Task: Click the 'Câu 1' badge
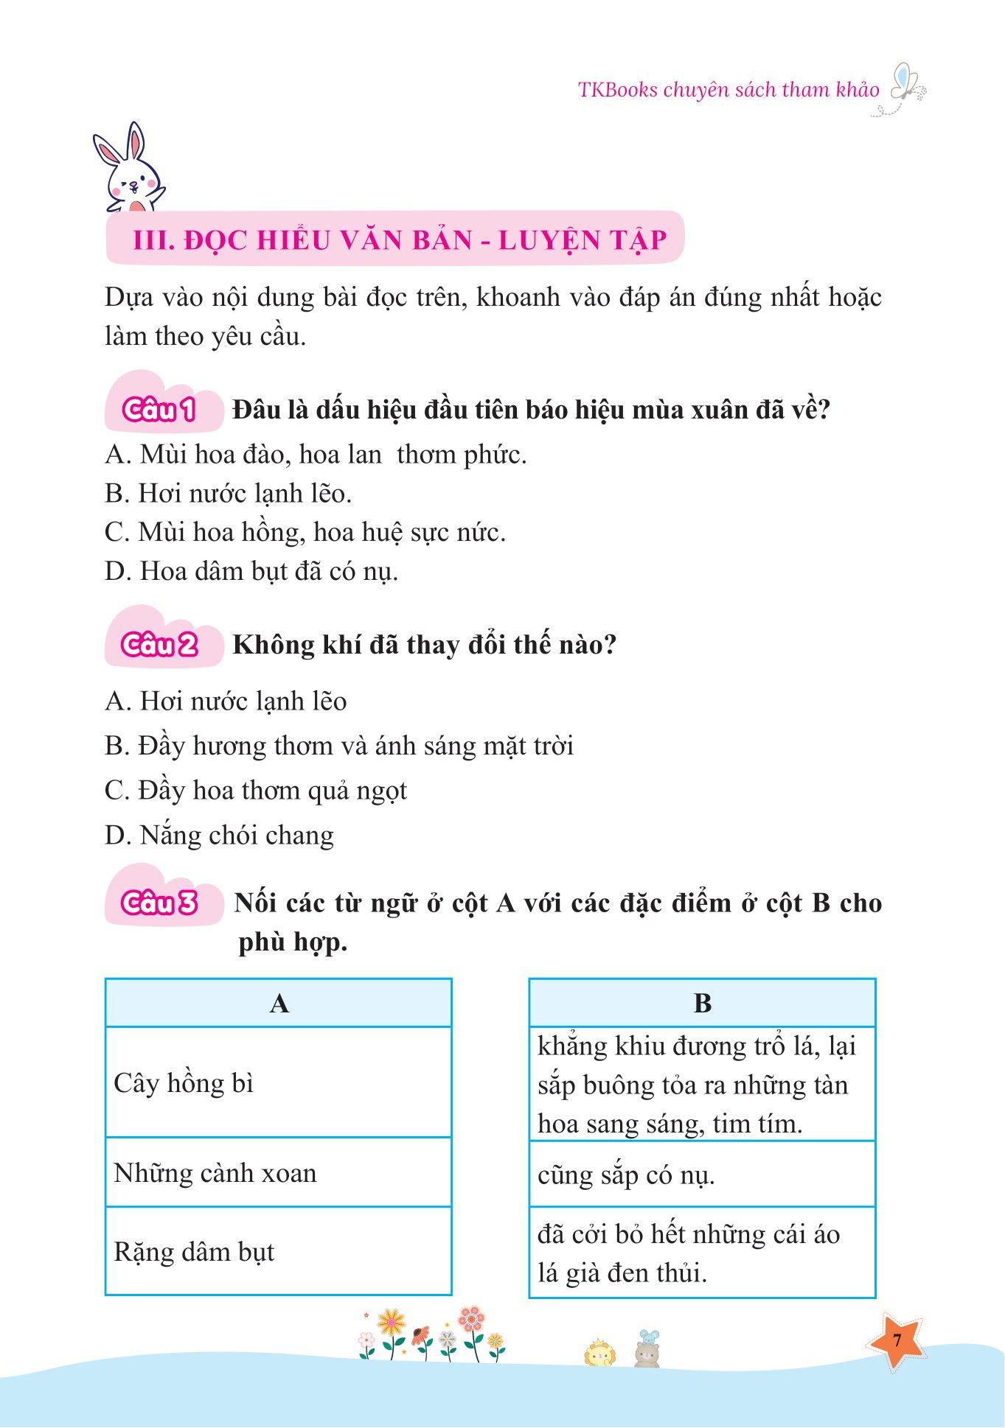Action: coord(160,410)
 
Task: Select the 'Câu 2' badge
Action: coord(160,645)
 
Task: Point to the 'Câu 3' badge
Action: coord(160,903)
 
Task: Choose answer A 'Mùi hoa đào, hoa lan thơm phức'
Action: coord(316,455)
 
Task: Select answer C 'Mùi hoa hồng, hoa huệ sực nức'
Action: coord(305,532)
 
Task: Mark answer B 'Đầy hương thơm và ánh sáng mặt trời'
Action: coord(339,746)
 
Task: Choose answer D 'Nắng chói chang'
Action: coord(219,835)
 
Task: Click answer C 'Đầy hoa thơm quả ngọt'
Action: coord(256,791)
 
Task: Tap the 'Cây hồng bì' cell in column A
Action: coord(278,1082)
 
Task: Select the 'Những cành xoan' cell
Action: coord(278,1173)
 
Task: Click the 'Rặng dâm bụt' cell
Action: coord(278,1252)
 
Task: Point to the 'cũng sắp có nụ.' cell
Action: coord(701,1175)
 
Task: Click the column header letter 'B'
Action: coord(702,1003)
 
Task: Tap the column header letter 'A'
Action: coord(279,1003)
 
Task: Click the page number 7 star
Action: coord(897,1340)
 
